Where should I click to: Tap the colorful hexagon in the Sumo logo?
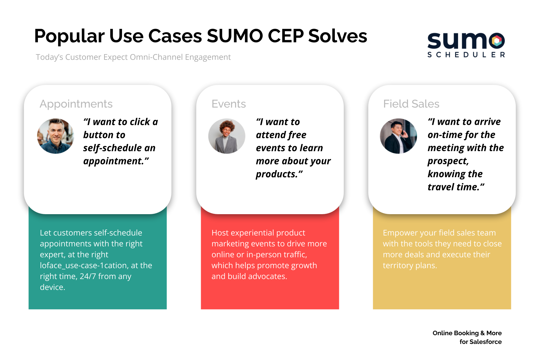(x=497, y=41)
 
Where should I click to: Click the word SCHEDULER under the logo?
(x=466, y=55)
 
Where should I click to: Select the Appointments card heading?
(x=76, y=104)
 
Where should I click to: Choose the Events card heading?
(x=229, y=104)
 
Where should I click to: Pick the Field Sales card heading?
(x=411, y=104)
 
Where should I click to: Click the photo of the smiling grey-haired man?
(x=55, y=136)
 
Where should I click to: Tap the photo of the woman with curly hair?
(x=227, y=136)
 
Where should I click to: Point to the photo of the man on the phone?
(x=398, y=136)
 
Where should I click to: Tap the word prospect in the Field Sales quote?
(x=448, y=161)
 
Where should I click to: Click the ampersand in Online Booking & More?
(x=482, y=333)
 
